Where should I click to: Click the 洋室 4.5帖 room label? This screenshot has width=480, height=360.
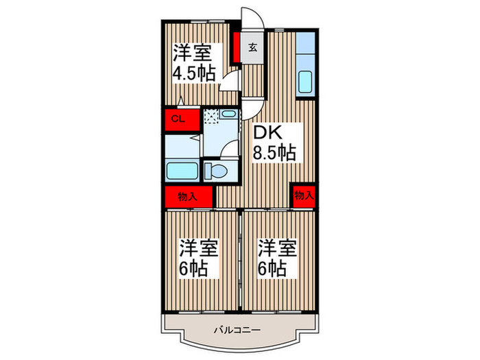tap(193, 63)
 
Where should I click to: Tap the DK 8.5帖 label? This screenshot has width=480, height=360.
tap(275, 142)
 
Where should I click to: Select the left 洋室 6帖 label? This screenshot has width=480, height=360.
tap(200, 257)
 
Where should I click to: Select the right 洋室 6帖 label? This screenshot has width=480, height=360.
tap(277, 257)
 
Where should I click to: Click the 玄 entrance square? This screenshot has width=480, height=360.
tap(252, 48)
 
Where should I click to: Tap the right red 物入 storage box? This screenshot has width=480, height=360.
tap(303, 195)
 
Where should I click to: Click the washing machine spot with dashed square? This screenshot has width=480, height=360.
tap(212, 117)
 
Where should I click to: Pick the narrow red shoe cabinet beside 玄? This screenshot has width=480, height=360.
tap(236, 49)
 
